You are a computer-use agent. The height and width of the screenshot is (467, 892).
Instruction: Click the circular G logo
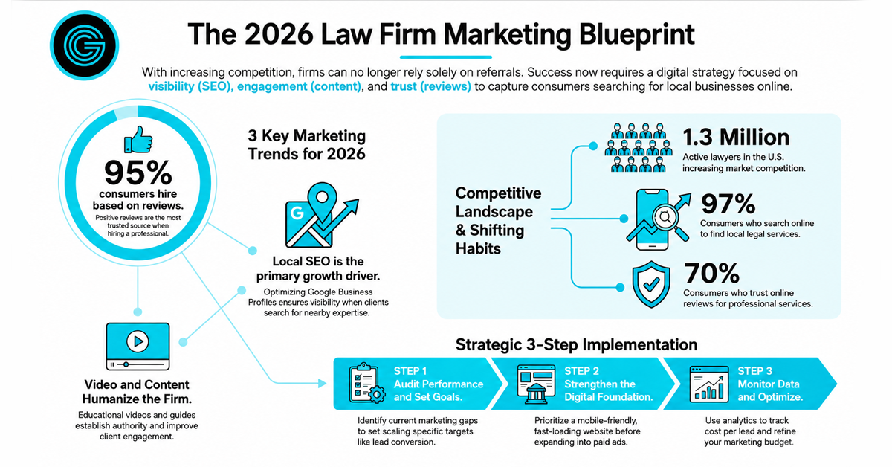[x=85, y=45]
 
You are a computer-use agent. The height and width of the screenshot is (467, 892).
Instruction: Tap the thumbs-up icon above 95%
[x=138, y=140]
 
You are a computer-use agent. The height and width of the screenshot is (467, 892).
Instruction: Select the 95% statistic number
[x=138, y=173]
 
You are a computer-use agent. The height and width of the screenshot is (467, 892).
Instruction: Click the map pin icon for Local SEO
[x=323, y=202]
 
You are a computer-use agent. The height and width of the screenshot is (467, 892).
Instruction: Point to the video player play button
[x=138, y=341]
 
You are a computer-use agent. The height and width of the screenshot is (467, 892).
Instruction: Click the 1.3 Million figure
[x=737, y=137]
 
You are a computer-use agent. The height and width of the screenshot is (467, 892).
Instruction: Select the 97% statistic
[x=728, y=204]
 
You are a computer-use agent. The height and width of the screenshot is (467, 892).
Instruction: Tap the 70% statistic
[x=711, y=274]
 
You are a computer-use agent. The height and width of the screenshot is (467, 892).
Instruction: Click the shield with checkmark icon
[x=651, y=285]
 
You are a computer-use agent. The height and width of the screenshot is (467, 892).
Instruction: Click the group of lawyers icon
[x=639, y=147]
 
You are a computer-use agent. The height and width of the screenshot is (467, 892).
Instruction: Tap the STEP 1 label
[x=410, y=371]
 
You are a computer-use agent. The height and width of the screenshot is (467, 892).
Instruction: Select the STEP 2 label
[x=581, y=371]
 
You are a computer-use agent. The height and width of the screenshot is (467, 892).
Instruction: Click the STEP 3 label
[x=754, y=371]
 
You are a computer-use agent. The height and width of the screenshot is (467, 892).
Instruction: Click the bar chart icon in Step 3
[x=709, y=384]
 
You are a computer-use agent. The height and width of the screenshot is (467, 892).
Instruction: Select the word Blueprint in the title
[x=637, y=35]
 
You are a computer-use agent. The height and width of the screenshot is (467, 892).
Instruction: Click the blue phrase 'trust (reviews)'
[x=430, y=86]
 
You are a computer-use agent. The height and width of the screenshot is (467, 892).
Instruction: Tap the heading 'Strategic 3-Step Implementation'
[x=576, y=344]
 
